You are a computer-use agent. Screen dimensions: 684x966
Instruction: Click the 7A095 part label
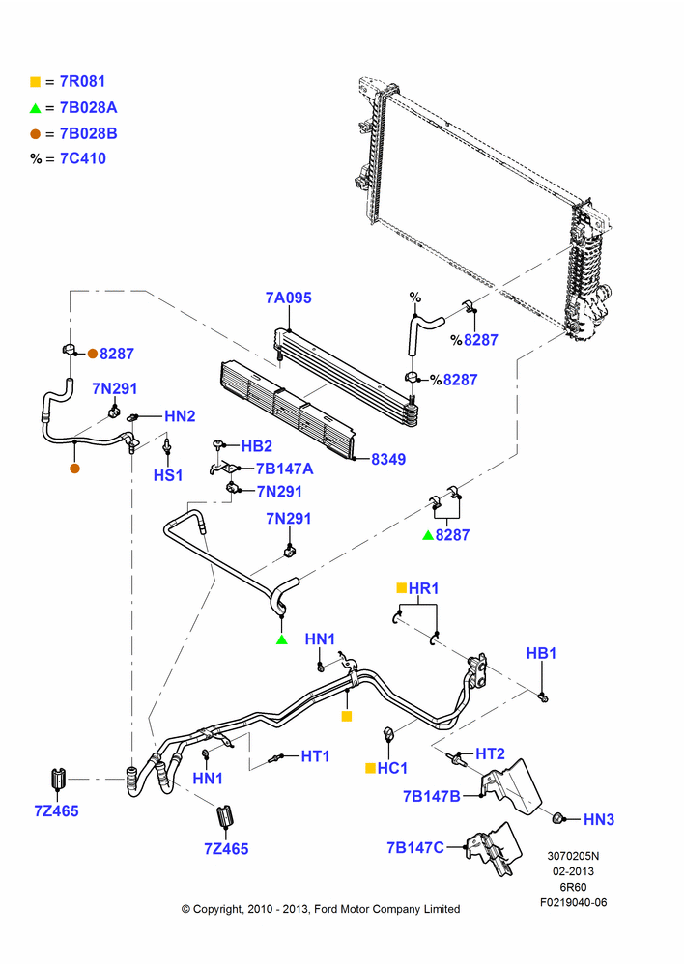[289, 298]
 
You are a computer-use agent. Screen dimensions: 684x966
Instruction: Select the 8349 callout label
[388, 459]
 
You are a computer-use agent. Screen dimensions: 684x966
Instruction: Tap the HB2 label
[256, 446]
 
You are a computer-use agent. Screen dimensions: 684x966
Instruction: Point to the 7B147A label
[285, 469]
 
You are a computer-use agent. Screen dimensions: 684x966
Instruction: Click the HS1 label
[168, 475]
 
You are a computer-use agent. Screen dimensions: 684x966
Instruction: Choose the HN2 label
[180, 416]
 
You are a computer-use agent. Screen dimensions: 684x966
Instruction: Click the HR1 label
[423, 589]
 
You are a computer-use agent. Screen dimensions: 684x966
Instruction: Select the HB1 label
[541, 654]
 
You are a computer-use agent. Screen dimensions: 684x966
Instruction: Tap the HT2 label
[490, 753]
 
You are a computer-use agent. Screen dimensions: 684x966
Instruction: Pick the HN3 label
[599, 819]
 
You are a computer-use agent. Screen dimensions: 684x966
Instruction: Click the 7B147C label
[415, 848]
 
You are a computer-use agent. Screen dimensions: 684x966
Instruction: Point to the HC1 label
[392, 768]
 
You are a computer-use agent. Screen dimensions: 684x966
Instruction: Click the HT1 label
[316, 756]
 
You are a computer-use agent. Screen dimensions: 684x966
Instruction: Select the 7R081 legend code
[82, 81]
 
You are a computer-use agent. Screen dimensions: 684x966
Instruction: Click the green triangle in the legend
[35, 108]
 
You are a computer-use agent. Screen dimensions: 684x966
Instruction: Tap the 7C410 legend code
[82, 158]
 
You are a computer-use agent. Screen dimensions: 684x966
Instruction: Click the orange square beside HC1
[370, 768]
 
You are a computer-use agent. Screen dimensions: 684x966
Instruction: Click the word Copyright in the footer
[218, 909]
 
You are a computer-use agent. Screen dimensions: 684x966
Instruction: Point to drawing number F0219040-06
[574, 902]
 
